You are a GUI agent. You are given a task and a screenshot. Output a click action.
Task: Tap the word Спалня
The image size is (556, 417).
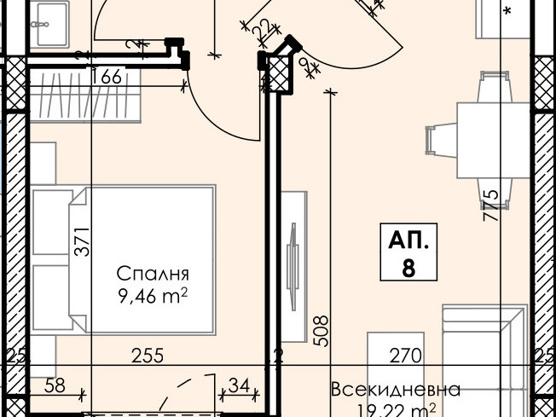click(152, 275)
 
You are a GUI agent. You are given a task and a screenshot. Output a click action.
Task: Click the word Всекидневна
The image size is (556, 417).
click(396, 390)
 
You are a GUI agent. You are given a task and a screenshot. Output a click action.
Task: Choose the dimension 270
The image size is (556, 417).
click(405, 355)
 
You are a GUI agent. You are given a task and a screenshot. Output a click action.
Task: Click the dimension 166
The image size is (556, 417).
click(107, 77)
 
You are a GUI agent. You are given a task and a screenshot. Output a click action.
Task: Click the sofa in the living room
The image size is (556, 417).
click(482, 358)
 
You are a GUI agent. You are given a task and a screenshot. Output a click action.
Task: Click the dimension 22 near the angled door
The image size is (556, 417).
click(262, 29)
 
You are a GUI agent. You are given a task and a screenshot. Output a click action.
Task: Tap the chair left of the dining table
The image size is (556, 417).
click(439, 139)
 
